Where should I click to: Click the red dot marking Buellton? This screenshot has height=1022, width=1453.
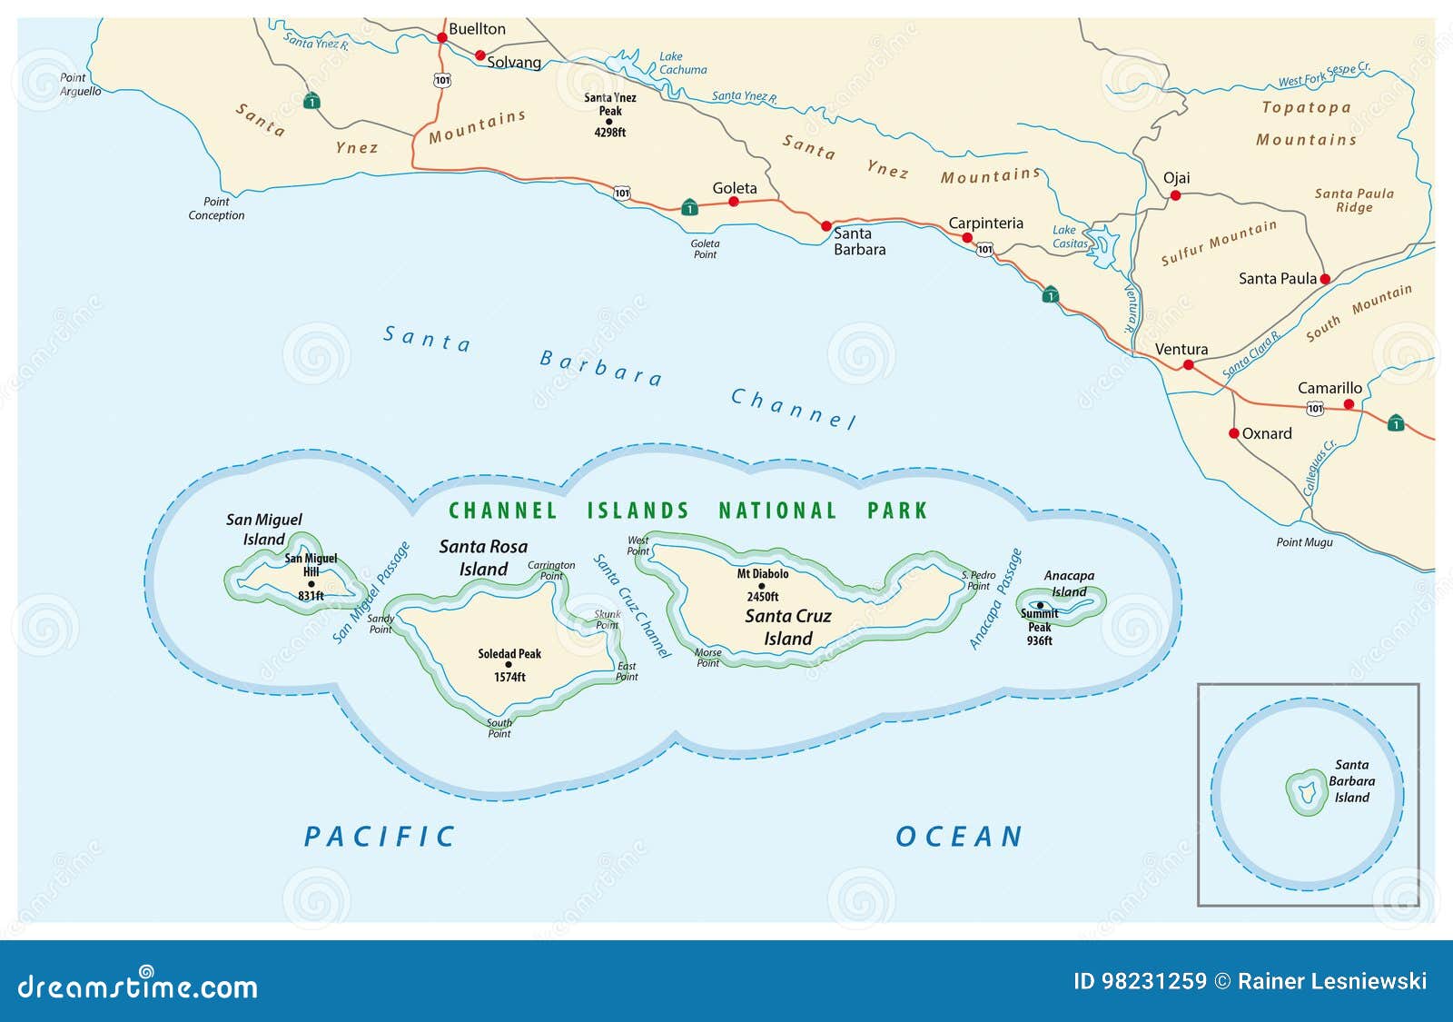pos(442,38)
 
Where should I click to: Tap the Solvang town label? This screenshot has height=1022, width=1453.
pos(513,63)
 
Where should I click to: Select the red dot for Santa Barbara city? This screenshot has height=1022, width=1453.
pos(826,226)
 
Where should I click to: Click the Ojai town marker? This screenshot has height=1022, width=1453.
pos(1175,195)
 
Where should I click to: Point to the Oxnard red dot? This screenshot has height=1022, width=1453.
pos(1233,433)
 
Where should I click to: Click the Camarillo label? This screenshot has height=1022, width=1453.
pos(1329,388)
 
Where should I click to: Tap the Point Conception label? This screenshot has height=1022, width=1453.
pos(216,209)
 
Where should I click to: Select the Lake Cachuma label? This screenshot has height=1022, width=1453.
pos(682,63)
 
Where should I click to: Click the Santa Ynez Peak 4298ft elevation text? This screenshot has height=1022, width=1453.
pos(610,133)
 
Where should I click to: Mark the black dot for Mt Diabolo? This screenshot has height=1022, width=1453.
pos(762,586)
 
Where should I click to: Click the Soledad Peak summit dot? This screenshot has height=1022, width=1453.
pos(509,665)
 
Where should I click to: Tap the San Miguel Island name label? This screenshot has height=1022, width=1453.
pos(263,529)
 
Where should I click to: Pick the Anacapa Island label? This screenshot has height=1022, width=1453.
pos(1069,583)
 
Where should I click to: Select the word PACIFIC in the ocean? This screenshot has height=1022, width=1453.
pos(380,837)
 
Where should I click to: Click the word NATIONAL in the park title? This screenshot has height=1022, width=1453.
pos(777,511)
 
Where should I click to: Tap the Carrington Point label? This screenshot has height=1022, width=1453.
pos(551,571)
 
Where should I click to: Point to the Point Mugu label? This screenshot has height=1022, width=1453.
pos(1304,542)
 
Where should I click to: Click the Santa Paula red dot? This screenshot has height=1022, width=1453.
pos(1325,279)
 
